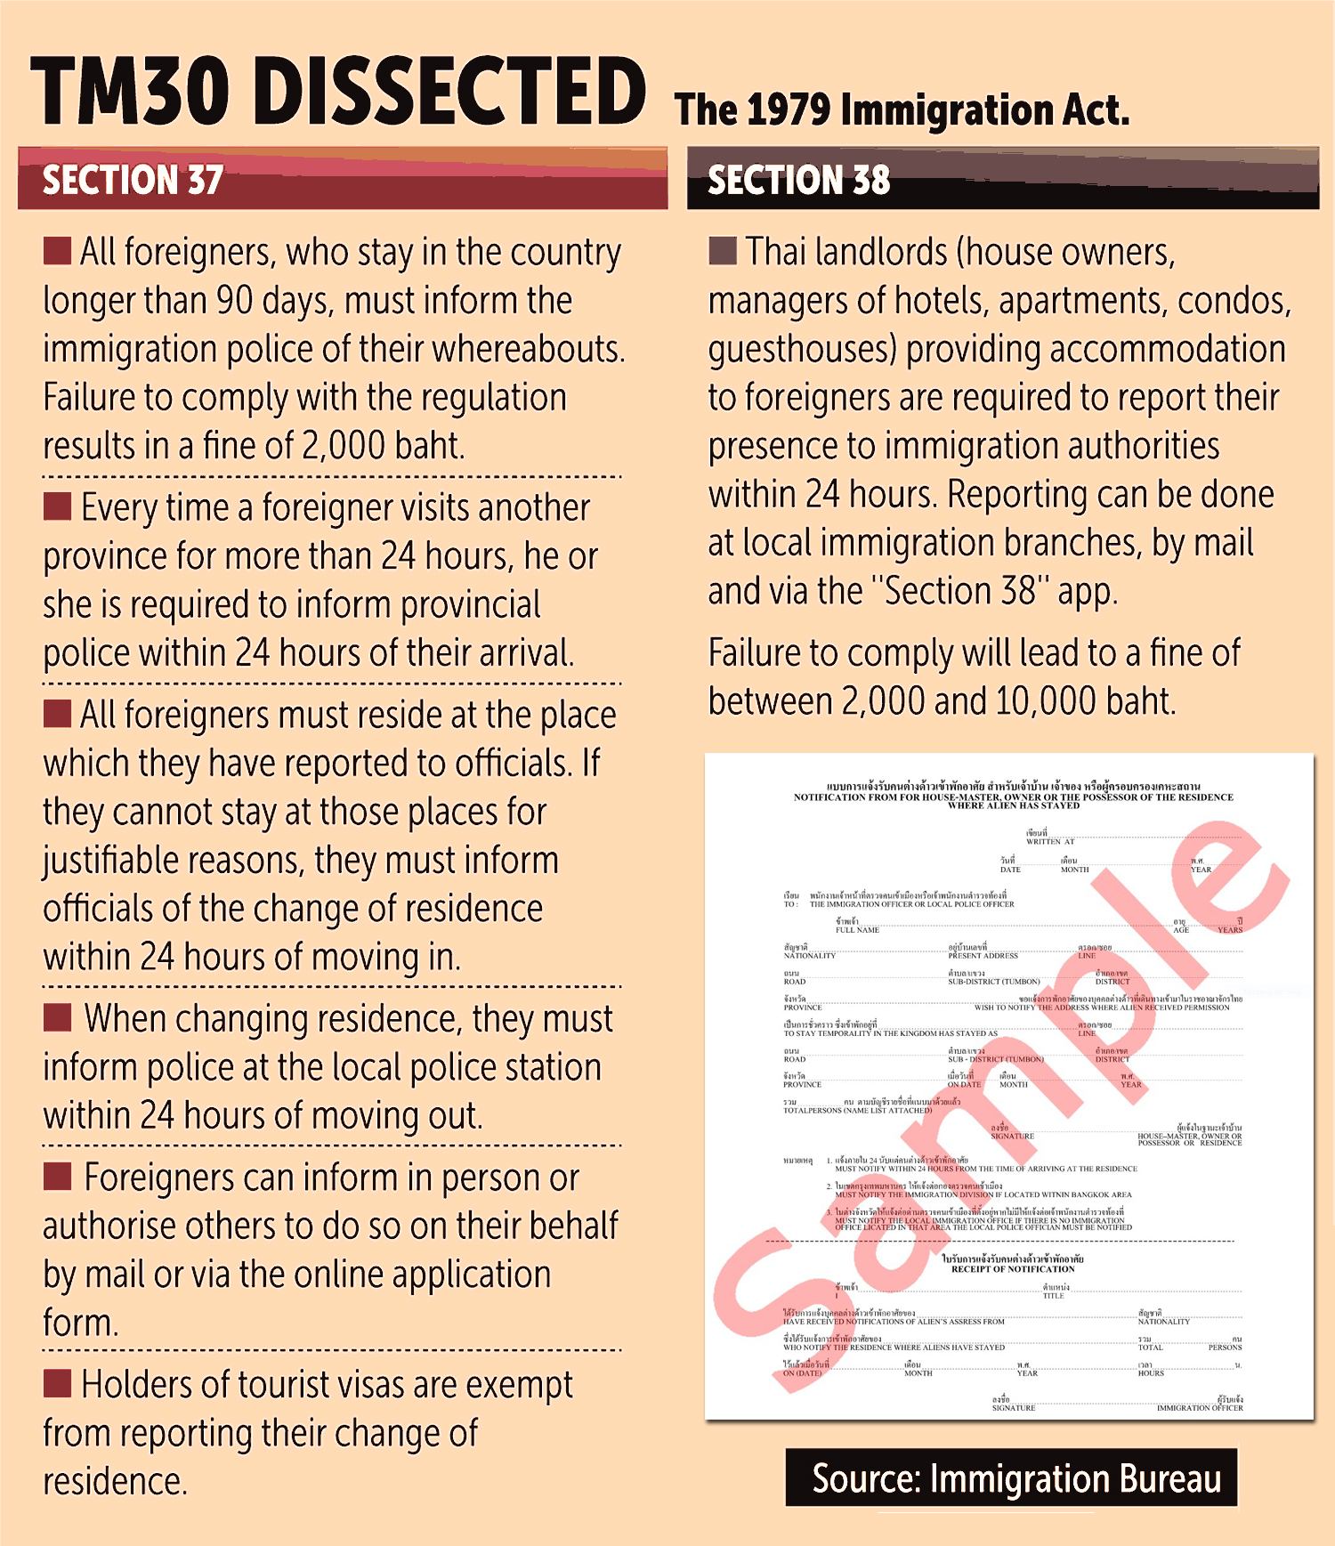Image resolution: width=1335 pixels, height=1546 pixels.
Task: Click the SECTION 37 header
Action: [x=133, y=180]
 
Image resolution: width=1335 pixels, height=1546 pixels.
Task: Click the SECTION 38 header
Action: [x=798, y=180]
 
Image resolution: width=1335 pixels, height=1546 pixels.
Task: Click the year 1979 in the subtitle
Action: [x=789, y=110]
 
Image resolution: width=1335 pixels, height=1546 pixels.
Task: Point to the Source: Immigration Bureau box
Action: [x=1011, y=1478]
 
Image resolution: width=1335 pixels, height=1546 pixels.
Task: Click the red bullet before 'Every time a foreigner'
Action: [x=58, y=506]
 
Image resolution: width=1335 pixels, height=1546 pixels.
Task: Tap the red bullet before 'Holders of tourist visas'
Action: [x=58, y=1383]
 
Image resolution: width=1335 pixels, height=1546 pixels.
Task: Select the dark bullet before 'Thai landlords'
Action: [x=723, y=251]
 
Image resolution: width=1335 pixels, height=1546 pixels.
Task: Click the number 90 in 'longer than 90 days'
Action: [x=235, y=301]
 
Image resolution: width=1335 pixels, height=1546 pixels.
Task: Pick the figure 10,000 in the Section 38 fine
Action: [x=1046, y=701]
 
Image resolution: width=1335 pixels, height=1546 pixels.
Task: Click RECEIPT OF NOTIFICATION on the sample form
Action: [x=1013, y=1269]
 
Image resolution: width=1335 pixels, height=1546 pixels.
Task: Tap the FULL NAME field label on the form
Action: [x=857, y=930]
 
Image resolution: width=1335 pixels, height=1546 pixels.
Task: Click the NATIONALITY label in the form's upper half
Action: [x=809, y=956]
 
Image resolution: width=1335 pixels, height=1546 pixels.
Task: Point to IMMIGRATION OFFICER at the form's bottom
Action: [x=1200, y=1408]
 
